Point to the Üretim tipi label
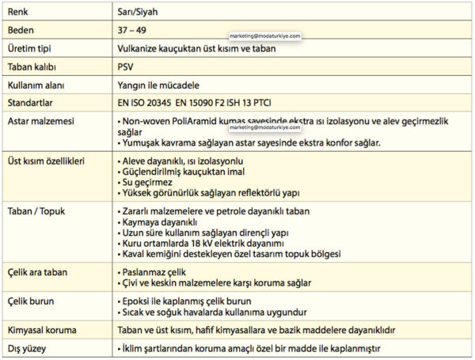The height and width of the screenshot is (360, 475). pyautogui.click(x=31, y=48)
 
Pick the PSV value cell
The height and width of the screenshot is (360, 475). pyautogui.click(x=125, y=66)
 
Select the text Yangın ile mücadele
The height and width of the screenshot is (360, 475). pyautogui.click(x=158, y=84)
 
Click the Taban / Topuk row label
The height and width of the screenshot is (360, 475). pyautogui.click(x=39, y=212)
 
